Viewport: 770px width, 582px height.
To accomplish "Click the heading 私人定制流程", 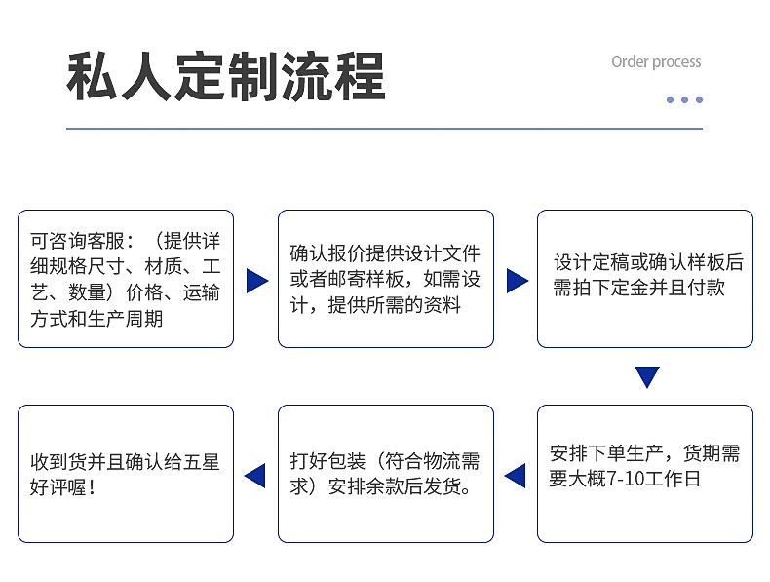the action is (225, 77).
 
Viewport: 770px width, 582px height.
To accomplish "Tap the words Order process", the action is (656, 61).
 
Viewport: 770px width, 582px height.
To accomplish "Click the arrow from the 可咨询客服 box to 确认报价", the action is (256, 281).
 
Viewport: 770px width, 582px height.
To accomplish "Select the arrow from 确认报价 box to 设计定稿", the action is (517, 281).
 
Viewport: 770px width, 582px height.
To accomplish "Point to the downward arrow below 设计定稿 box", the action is (647, 376).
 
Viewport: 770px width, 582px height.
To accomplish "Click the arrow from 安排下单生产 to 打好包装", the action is (515, 476).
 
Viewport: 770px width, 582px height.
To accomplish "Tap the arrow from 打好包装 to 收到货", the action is (254, 476).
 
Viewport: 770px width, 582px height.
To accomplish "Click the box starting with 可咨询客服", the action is (126, 279).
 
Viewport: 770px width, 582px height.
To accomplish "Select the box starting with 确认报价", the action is (386, 279).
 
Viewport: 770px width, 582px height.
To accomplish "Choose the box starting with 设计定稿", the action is (645, 279).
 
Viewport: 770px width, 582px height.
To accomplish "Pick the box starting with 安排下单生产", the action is (645, 474).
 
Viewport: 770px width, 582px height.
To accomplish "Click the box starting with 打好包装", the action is (386, 474).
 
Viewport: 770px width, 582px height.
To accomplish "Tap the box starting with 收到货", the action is (126, 474).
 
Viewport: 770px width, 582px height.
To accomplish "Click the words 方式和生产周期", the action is (96, 319).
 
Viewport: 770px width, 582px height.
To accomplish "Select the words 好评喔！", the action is (63, 486).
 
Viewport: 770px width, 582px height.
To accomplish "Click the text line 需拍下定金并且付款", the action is (639, 288).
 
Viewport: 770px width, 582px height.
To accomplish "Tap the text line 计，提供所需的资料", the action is (375, 305).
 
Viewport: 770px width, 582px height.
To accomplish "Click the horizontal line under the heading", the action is (384, 129).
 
